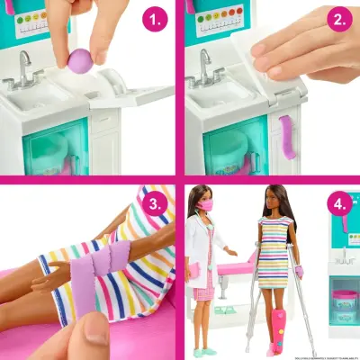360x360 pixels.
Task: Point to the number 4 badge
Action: point(337,203)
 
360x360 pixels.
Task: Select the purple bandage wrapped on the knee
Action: point(95,270)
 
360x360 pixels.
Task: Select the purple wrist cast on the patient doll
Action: point(298,271)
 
